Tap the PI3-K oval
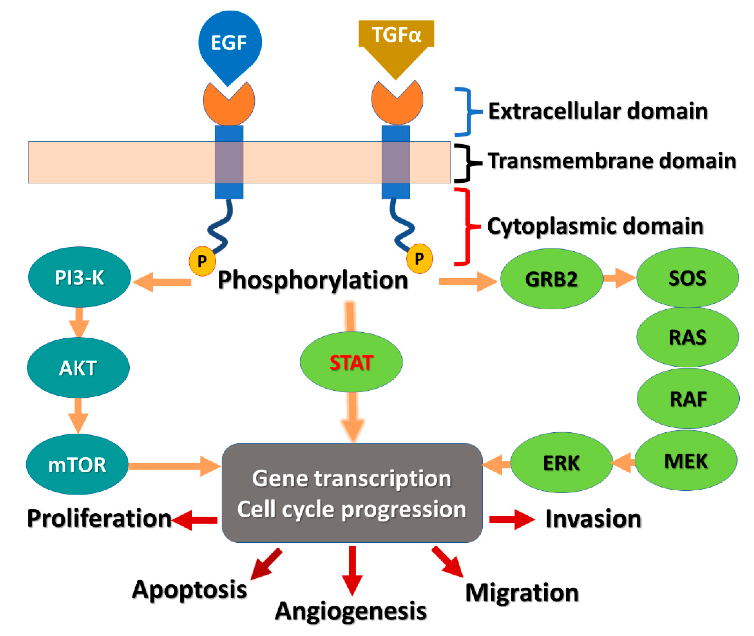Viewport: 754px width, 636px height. (x=79, y=277)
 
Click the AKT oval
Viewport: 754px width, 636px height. (x=78, y=367)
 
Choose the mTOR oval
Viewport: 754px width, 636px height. (x=77, y=464)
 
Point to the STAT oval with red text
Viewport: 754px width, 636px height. (x=351, y=362)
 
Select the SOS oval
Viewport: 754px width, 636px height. (x=688, y=277)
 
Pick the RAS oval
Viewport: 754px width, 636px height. (x=688, y=337)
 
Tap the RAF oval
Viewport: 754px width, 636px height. (x=688, y=398)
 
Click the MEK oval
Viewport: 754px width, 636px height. (x=686, y=460)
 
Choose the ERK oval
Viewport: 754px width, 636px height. (x=562, y=462)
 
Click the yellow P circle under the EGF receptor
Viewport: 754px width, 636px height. (x=202, y=261)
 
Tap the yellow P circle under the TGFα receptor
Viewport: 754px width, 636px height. (x=419, y=259)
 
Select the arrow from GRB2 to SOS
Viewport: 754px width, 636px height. (x=619, y=278)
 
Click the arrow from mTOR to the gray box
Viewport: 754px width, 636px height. (x=175, y=466)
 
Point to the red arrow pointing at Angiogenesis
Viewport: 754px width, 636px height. (x=352, y=571)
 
